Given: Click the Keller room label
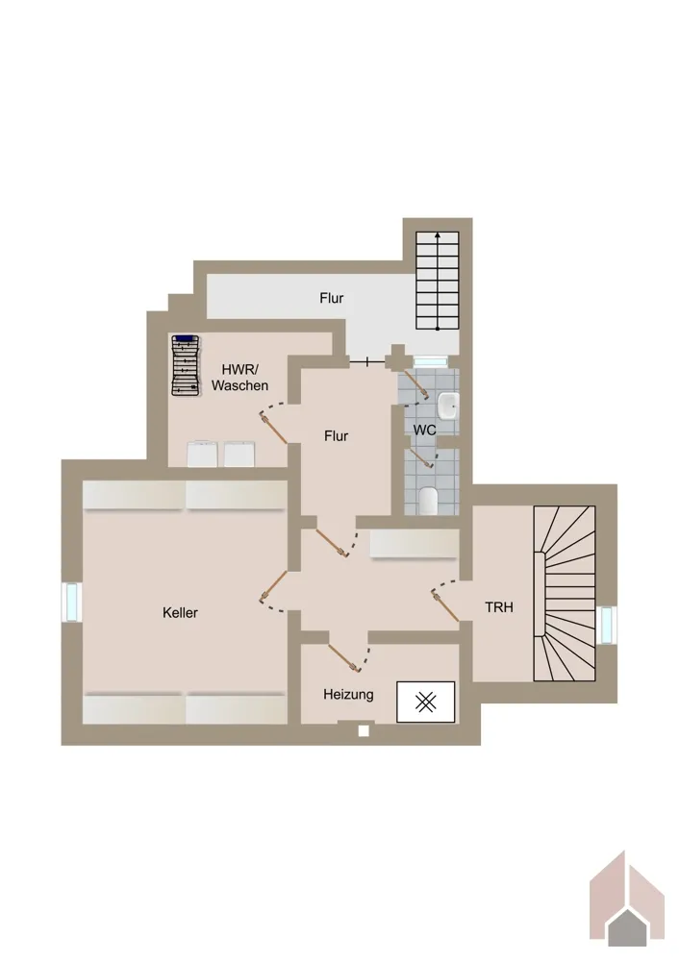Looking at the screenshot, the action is point(180,612).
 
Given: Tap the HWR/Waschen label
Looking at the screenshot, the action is point(239,378).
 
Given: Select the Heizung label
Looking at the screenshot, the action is point(348,695).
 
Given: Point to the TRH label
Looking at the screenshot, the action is point(498,607).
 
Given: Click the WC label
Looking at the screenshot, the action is point(424,430).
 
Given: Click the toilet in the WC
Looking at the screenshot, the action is point(428,501).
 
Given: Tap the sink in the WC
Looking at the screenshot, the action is point(448,407).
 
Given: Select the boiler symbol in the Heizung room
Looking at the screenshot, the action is point(426,702).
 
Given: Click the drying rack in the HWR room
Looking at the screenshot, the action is point(186,366).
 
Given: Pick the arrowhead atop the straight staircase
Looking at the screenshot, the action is point(438,234).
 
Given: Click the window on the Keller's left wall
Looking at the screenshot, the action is point(72,602).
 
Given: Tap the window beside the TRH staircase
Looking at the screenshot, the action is point(606,626).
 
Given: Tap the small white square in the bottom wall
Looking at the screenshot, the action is point(364,730).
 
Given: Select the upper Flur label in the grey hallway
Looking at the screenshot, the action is point(331,298).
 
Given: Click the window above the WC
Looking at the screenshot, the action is point(431,361).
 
